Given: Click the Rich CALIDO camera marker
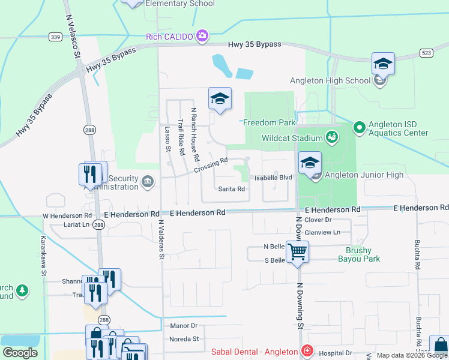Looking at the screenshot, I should pyautogui.click(x=202, y=37).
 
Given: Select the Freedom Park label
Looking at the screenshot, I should pyautogui.click(x=270, y=122).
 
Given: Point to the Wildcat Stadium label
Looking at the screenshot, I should pyautogui.click(x=292, y=138).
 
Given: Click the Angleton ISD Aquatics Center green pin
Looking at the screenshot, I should pyautogui.click(x=359, y=127).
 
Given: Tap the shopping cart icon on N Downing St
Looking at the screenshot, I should pyautogui.click(x=297, y=252).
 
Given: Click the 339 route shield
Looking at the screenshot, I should pyautogui.click(x=56, y=37).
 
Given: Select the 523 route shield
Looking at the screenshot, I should pyautogui.click(x=427, y=53).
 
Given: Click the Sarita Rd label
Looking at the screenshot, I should pyautogui.click(x=231, y=188).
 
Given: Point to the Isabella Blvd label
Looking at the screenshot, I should pyautogui.click(x=273, y=178).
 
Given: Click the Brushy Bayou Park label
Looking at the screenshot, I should pyautogui.click(x=358, y=254).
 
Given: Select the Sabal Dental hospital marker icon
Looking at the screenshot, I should pyautogui.click(x=307, y=351).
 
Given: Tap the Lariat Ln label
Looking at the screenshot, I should pyautogui.click(x=76, y=225).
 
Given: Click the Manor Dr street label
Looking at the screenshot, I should pyautogui.click(x=184, y=326).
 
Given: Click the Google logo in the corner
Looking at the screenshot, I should pyautogui.click(x=20, y=353).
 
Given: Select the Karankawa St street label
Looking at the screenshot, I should pyautogui.click(x=43, y=256).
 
